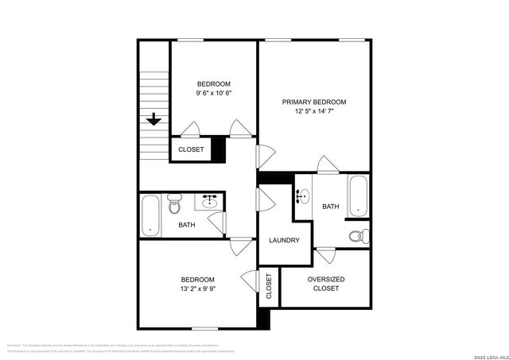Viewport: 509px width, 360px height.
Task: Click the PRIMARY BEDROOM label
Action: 315,103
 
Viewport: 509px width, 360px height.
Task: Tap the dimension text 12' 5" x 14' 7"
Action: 315,112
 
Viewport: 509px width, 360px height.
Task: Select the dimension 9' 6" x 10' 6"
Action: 214,94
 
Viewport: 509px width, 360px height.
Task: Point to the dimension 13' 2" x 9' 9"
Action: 197,289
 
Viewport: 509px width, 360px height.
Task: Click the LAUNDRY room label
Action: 284,240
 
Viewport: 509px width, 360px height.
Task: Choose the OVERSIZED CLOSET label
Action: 325,283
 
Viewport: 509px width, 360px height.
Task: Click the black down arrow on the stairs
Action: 153,120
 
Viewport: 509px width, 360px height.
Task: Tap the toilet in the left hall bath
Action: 175,207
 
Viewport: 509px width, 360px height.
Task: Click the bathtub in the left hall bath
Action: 150,215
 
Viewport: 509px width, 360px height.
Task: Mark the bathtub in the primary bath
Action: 359,195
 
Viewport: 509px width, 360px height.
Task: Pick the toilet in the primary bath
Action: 360,235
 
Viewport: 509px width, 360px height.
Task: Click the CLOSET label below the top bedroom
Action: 191,149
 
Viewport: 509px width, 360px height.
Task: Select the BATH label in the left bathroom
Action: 187,225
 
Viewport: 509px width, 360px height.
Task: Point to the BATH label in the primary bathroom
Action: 331,207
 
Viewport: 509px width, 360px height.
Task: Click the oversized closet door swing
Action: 325,256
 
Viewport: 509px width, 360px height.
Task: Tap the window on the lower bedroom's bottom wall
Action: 205,328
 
